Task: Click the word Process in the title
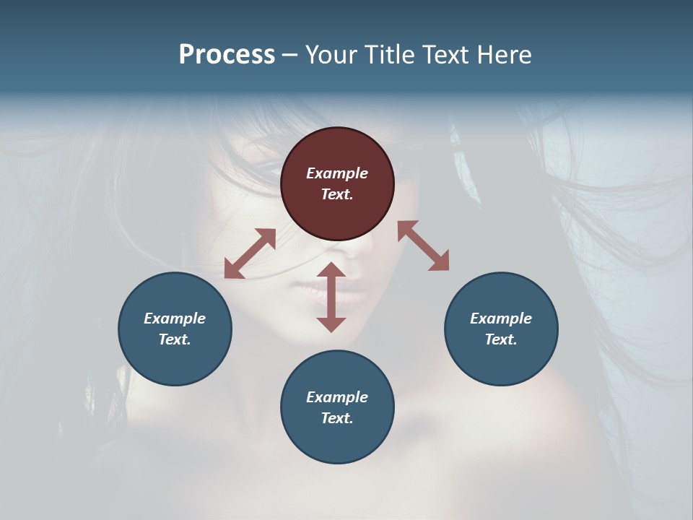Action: tap(227, 55)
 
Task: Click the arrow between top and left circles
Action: tap(250, 253)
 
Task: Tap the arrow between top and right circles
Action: tap(424, 246)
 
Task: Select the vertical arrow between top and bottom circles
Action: tap(331, 297)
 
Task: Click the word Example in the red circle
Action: tap(337, 173)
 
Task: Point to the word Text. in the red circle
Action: tap(337, 194)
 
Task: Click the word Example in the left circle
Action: tap(175, 318)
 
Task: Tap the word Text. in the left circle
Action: tap(175, 339)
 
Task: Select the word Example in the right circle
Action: tap(501, 318)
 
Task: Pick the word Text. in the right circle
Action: tap(501, 339)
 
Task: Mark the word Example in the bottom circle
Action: tap(337, 397)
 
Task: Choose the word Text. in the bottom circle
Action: tap(337, 418)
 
